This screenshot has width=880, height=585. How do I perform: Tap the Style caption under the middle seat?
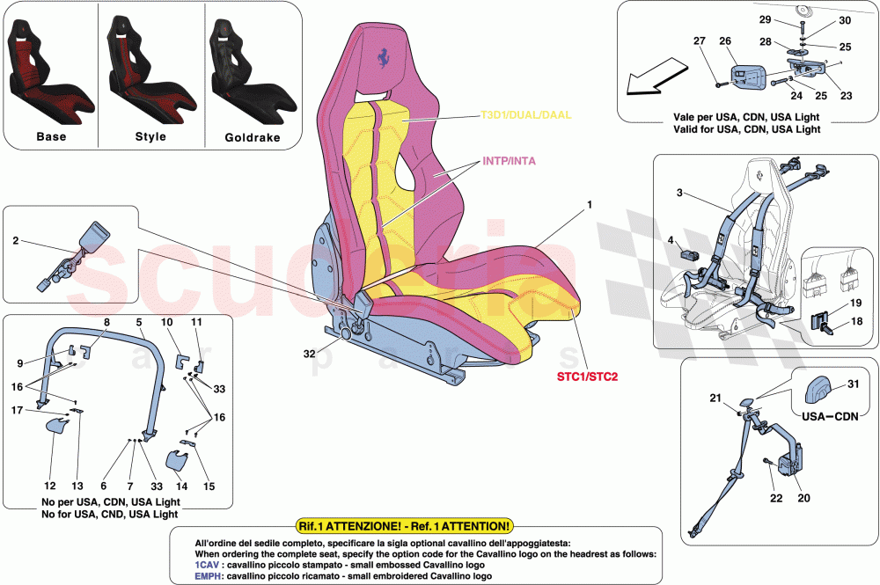tap(150, 137)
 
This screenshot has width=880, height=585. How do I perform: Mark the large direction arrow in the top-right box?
tap(655, 77)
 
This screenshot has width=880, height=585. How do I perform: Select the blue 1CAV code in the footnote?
tap(208, 567)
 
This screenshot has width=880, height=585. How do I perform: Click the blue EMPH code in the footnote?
tap(209, 578)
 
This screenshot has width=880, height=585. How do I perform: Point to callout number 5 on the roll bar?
tap(139, 323)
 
